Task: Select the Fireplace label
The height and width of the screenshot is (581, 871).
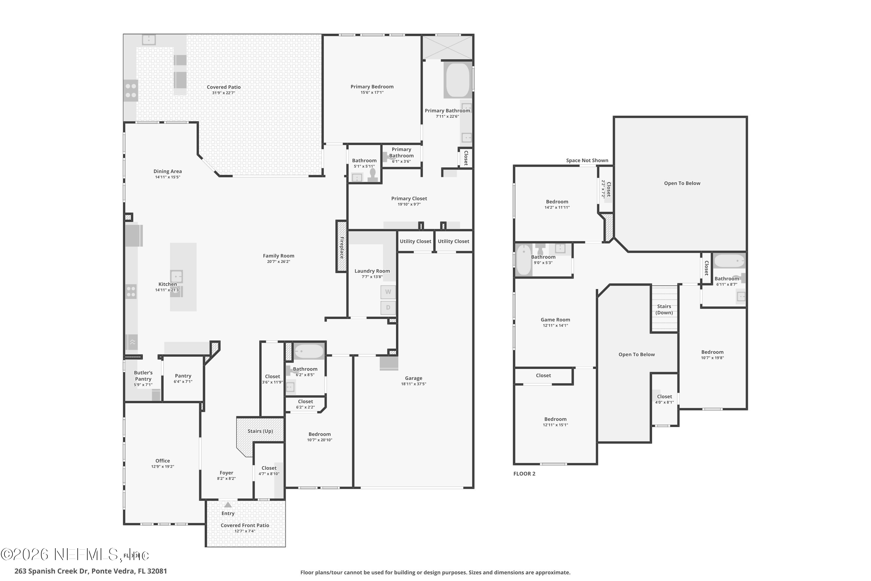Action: tap(341, 247)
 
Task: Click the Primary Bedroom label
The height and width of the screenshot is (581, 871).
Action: tap(372, 87)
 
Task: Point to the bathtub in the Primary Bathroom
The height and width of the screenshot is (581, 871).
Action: tap(458, 80)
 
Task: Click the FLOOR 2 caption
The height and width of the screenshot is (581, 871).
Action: tap(524, 474)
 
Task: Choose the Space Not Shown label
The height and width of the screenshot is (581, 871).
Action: tap(587, 160)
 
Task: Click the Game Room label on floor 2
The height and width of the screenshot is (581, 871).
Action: tap(555, 320)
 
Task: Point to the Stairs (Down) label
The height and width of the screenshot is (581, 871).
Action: tap(664, 309)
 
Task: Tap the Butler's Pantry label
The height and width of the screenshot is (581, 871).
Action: tap(143, 376)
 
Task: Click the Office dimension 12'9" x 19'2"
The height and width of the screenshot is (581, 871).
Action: tap(163, 467)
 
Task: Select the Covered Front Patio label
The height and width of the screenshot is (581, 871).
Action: tap(245, 526)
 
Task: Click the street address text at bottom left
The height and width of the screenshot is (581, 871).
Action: tap(91, 571)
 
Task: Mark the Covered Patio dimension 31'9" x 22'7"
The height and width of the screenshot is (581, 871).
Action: tap(223, 93)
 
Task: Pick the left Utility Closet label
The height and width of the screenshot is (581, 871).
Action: tap(415, 241)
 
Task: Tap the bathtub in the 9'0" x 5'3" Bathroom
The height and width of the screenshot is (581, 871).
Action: tap(523, 260)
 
